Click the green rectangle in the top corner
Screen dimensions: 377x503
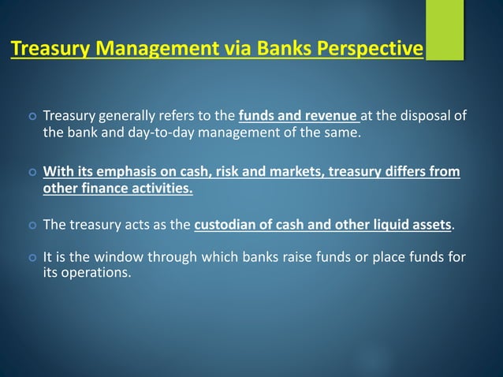444,29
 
